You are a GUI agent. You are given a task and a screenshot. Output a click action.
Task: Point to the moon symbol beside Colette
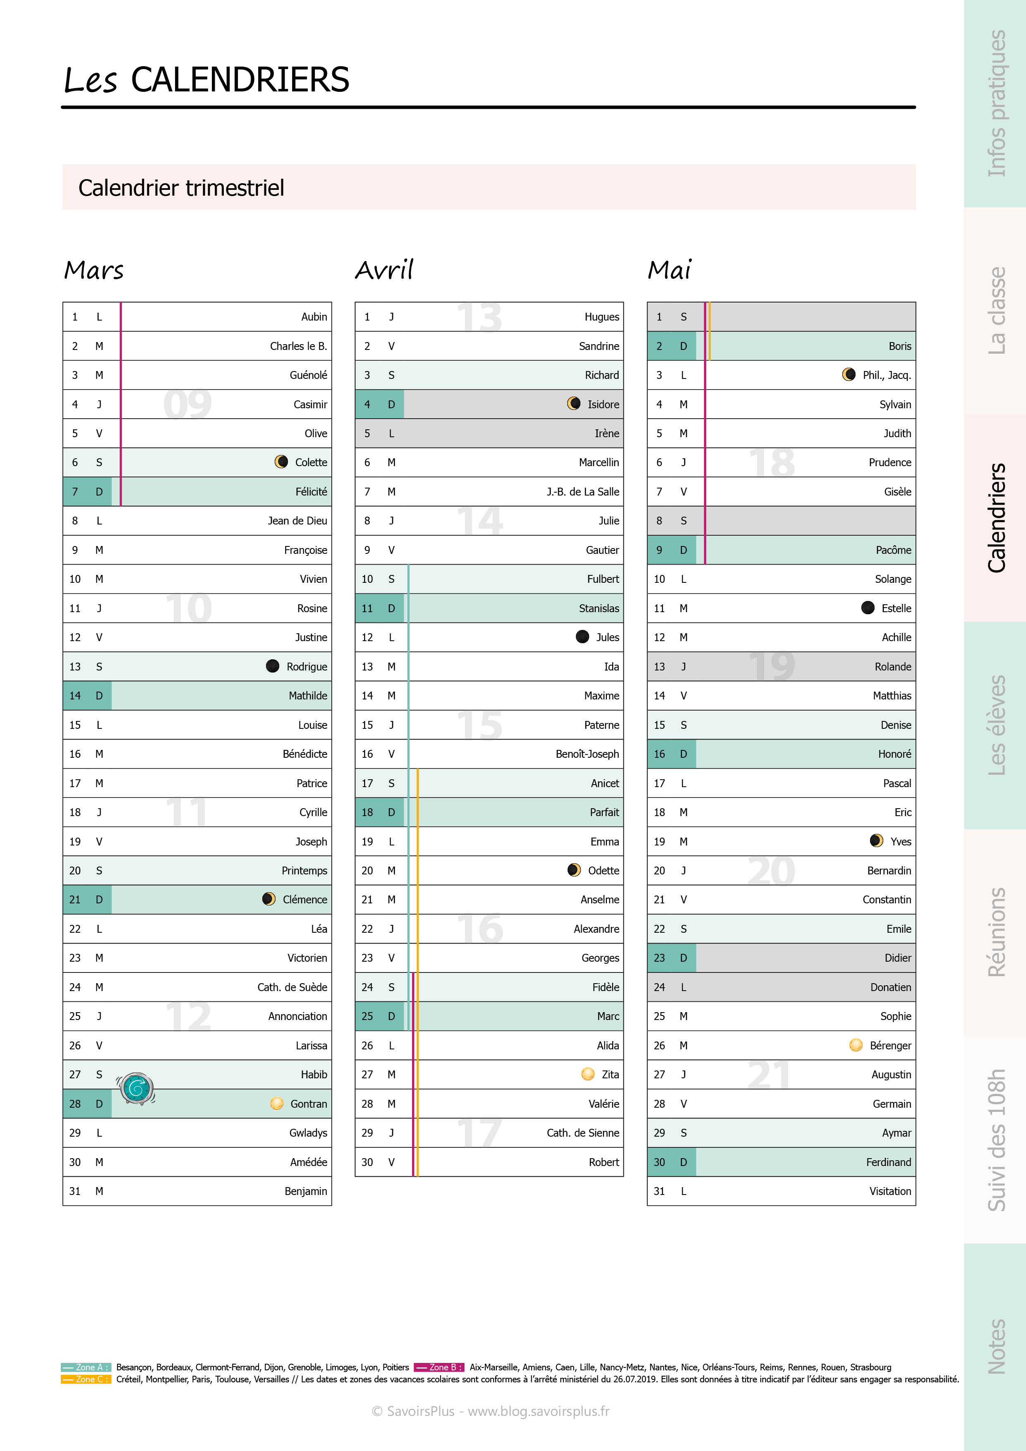click(x=281, y=462)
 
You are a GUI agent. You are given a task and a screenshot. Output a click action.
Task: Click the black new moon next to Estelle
click(x=868, y=608)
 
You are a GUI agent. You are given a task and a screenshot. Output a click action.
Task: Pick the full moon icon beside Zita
click(x=587, y=1074)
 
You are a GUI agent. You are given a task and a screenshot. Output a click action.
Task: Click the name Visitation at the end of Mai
click(x=889, y=1191)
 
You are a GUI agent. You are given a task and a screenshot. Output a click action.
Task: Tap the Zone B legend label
click(x=439, y=1367)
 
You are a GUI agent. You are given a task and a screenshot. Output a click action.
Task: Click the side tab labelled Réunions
click(x=996, y=932)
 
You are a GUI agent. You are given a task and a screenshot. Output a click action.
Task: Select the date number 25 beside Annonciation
click(x=75, y=1016)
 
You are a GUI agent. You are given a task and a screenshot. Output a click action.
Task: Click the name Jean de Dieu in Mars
click(x=297, y=521)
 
